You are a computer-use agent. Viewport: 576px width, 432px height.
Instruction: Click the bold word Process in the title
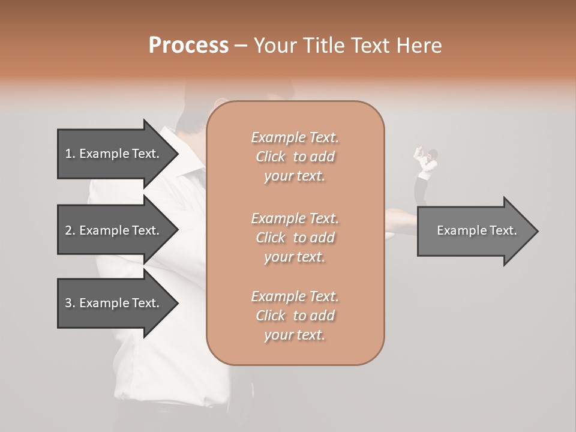click(x=188, y=46)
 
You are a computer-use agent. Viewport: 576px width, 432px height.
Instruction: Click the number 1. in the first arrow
click(x=70, y=154)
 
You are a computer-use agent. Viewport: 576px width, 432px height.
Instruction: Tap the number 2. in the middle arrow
click(x=70, y=230)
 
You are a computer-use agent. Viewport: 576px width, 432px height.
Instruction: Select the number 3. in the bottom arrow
click(x=70, y=303)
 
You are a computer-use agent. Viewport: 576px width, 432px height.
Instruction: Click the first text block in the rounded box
click(x=295, y=157)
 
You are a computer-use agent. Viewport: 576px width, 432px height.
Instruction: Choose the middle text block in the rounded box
click(x=295, y=237)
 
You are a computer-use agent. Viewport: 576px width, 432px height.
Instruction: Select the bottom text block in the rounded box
click(x=295, y=315)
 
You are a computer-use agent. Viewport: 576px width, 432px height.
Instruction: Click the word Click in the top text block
click(x=271, y=157)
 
